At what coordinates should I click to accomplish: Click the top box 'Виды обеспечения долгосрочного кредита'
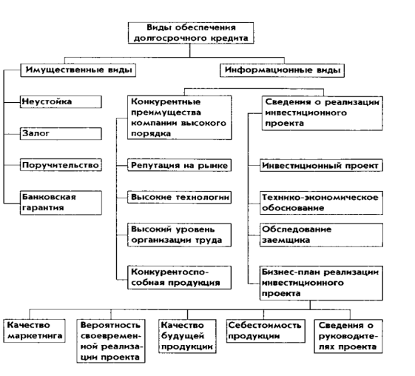click(191, 33)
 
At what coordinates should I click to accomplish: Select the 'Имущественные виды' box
click(78, 70)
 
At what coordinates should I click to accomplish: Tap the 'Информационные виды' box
click(282, 70)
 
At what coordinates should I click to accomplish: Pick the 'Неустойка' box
click(61, 102)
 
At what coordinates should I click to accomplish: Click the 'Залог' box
click(61, 134)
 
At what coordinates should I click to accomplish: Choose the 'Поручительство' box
click(61, 165)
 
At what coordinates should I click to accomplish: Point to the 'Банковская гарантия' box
click(61, 203)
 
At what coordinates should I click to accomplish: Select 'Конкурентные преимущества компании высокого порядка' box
click(180, 118)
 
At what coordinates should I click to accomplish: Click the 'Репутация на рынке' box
click(180, 166)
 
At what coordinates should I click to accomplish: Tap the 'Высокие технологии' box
click(180, 198)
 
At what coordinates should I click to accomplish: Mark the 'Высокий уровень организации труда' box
click(180, 235)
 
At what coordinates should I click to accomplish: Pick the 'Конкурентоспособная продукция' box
click(180, 278)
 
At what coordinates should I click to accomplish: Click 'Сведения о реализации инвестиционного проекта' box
click(323, 113)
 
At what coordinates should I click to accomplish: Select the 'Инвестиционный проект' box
click(321, 166)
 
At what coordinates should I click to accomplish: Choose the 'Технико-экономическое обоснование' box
click(321, 203)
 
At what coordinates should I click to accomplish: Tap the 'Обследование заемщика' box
click(321, 235)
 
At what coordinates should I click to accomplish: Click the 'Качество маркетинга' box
click(35, 331)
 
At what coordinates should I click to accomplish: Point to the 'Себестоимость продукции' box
click(266, 331)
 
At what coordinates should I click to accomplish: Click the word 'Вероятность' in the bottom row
click(110, 325)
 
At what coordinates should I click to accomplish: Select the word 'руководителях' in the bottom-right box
click(348, 341)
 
